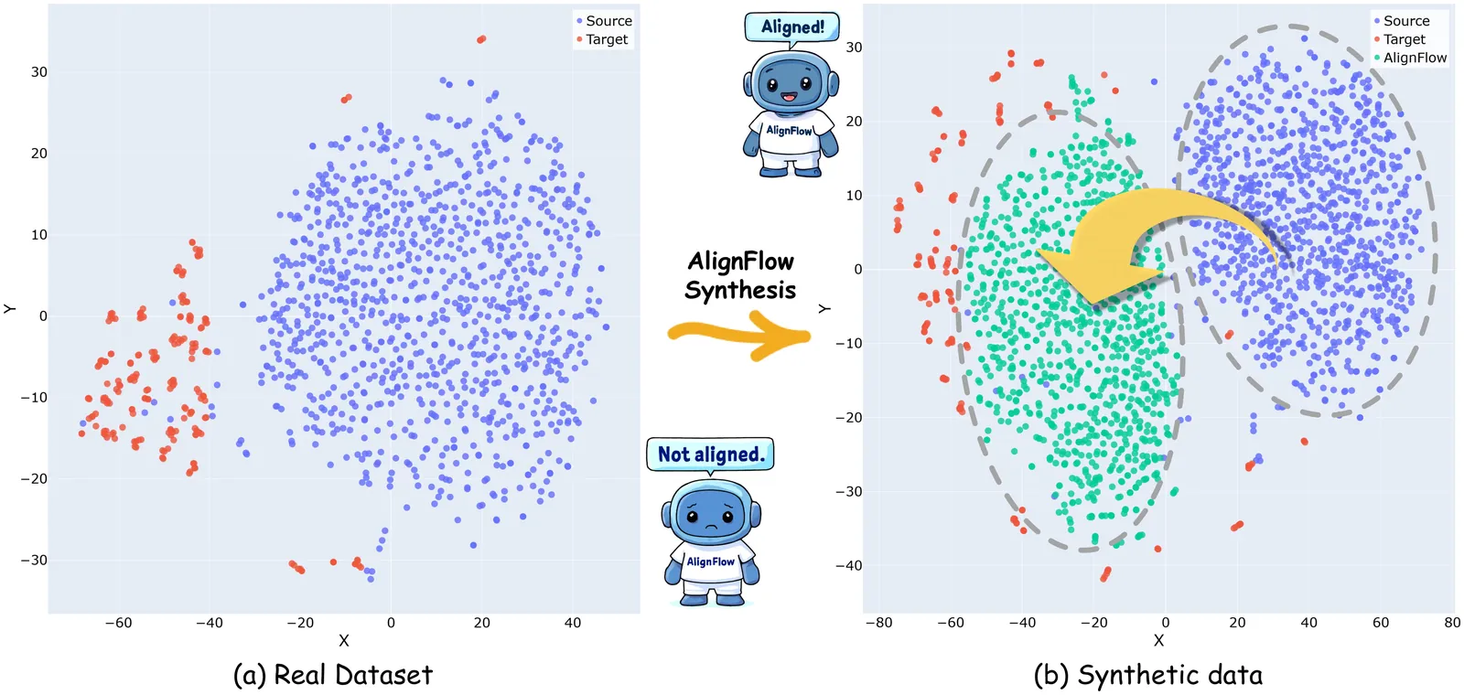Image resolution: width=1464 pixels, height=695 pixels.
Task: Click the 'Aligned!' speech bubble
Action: coord(792,27)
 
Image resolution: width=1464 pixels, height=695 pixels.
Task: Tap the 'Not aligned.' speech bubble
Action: coord(710,454)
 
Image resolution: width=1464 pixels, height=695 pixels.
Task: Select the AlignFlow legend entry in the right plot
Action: coord(1414,58)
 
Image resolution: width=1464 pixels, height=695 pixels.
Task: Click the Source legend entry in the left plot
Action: coord(608,21)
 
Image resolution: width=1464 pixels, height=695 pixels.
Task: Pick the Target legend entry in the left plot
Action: coord(606,39)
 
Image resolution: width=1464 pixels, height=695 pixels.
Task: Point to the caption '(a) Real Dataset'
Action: coord(333,675)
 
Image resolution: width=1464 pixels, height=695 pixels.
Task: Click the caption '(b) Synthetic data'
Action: coord(1147,675)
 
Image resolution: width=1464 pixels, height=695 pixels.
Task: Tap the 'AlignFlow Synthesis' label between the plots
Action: coord(740,275)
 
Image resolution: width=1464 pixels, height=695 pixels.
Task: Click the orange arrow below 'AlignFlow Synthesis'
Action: coord(740,336)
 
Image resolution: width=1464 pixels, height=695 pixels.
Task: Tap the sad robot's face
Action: coord(711,518)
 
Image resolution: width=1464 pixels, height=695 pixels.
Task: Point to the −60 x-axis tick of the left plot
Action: coord(118,623)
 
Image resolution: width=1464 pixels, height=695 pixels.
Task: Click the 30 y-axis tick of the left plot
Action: coord(38,72)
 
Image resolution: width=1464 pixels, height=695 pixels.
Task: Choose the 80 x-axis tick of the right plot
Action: coord(1452,623)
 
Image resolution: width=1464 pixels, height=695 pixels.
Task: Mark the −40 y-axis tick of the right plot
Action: coord(848,566)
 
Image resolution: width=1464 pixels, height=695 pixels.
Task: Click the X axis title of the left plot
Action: coord(344,641)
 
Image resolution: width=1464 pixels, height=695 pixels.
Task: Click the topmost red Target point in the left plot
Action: coord(481,39)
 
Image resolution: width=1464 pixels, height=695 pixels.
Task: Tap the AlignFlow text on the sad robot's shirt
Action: coord(711,561)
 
